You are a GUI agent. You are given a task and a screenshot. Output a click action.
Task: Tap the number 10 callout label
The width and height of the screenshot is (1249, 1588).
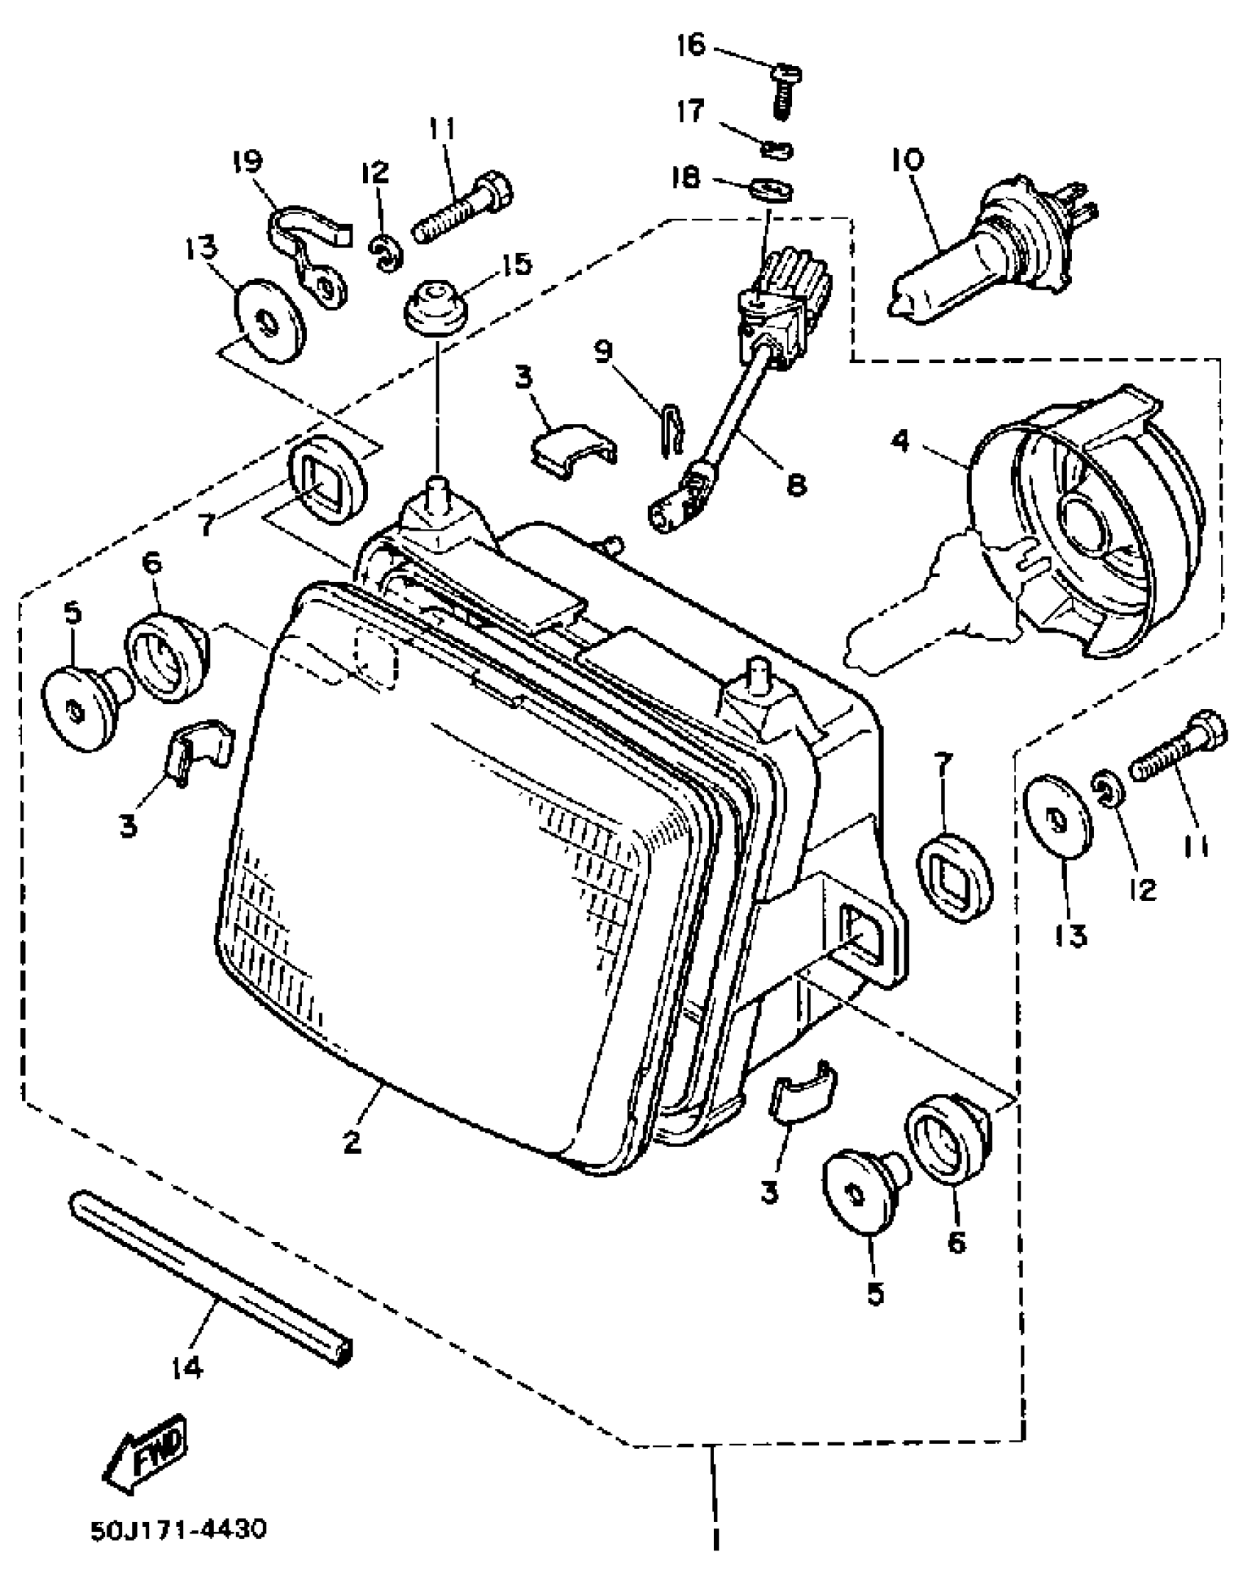tap(909, 159)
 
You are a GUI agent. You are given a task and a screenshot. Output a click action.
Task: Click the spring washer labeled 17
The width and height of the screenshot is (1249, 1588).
tap(777, 151)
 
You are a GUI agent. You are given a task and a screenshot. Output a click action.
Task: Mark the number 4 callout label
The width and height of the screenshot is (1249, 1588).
tap(901, 442)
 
